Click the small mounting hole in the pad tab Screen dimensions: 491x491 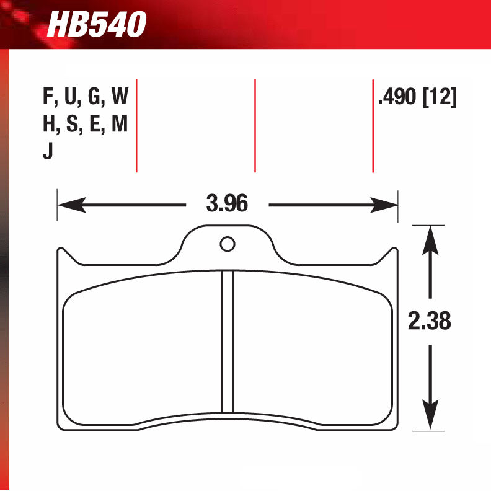point(228,244)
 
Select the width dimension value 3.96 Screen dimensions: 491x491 point(227,203)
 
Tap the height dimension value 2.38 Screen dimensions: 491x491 point(429,321)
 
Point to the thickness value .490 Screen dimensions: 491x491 point(397,97)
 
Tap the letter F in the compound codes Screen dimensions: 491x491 point(47,97)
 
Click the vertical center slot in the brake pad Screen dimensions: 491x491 point(228,341)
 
